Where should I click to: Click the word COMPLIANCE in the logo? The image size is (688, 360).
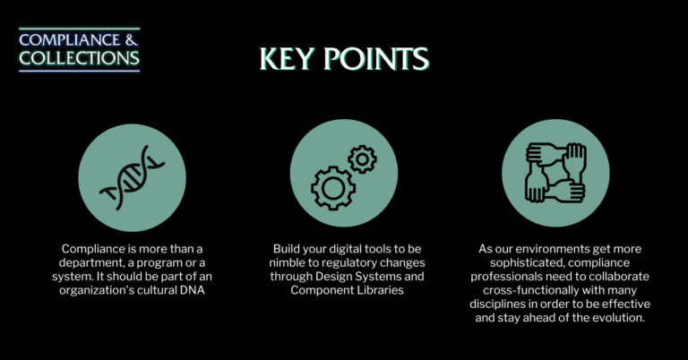coord(72,39)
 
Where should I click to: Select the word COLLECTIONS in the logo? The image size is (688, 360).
coord(80,59)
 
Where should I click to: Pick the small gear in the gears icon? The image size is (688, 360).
coord(362,159)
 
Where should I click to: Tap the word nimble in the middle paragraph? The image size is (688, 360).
coord(291,261)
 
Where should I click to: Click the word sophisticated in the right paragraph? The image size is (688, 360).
coord(537,261)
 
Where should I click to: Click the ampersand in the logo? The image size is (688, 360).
coord(133,39)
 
